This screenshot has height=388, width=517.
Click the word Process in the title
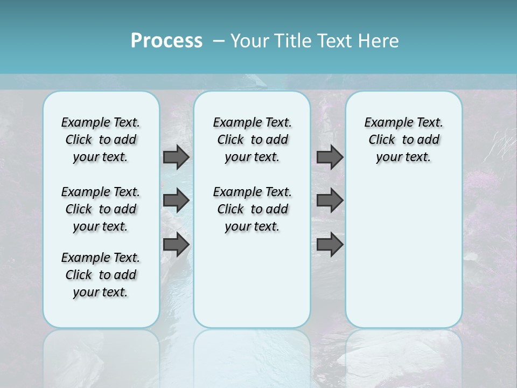[166, 40]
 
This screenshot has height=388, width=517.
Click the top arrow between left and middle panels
[176, 157]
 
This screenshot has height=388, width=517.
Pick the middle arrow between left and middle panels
[176, 200]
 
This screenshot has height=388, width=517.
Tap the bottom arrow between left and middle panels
[176, 244]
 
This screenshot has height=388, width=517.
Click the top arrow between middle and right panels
[330, 157]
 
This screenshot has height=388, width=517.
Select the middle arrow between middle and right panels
[330, 200]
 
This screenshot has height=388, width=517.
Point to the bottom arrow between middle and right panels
[330, 244]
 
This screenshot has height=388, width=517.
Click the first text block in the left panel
[101, 140]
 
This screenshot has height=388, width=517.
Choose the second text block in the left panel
[101, 209]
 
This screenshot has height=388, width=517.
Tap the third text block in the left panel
[101, 275]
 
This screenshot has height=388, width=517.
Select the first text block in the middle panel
[252, 140]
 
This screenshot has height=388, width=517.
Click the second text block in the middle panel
[252, 209]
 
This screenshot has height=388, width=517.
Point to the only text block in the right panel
[403, 140]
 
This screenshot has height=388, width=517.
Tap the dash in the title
[219, 41]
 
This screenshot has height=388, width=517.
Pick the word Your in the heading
[249, 41]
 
